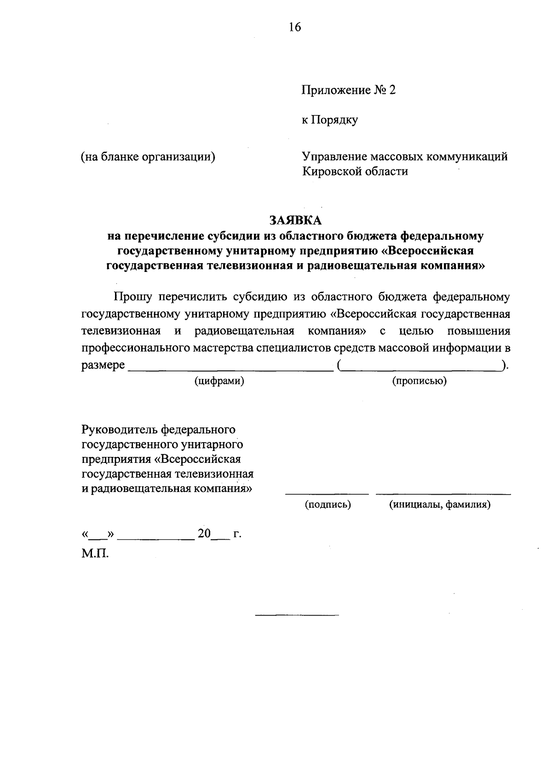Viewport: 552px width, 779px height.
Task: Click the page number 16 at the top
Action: point(295,27)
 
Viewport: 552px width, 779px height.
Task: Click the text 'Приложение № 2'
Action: point(348,90)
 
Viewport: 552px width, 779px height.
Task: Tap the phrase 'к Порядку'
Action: point(329,120)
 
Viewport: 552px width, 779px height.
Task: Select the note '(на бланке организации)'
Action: point(148,156)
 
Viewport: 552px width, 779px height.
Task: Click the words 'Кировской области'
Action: point(355,172)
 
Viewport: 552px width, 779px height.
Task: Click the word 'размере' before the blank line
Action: point(103,365)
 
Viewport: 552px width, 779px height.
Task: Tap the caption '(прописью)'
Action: point(419,381)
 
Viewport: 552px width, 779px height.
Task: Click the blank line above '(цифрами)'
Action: point(230,370)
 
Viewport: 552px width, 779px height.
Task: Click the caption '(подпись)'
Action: point(328,505)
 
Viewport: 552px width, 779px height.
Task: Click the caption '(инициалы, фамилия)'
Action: point(440,505)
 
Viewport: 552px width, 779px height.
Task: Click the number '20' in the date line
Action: point(204,534)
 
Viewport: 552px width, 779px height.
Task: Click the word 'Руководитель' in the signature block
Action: point(119,430)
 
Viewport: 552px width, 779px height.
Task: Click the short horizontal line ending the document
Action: point(297,615)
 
